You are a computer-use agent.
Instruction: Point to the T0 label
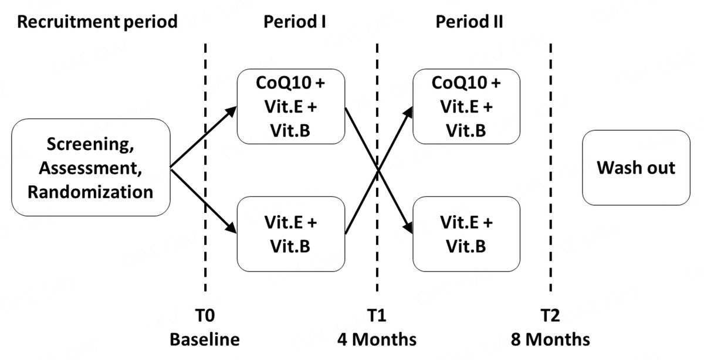coord(205,317)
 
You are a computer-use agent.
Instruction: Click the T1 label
coord(377,317)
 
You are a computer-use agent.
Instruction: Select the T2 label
coord(550,317)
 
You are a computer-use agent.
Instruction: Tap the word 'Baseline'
coord(205,339)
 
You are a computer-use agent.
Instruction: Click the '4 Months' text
coord(377,339)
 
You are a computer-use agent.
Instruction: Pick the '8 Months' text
coord(550,339)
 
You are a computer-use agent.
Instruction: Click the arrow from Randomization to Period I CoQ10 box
coord(202,138)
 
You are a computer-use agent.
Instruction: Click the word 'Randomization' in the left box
coord(90,192)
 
